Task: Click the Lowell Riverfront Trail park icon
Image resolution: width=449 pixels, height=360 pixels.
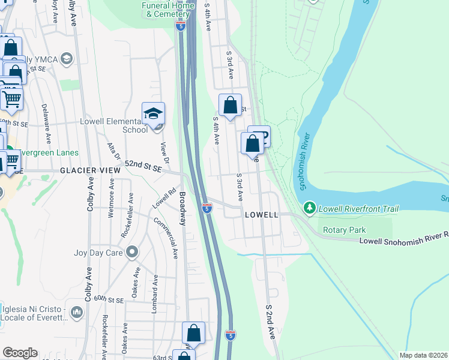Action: pyautogui.click(x=310, y=208)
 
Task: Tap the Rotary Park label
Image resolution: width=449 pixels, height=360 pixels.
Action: pyautogui.click(x=344, y=230)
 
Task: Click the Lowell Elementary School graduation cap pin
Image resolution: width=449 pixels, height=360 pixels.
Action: pyautogui.click(x=153, y=113)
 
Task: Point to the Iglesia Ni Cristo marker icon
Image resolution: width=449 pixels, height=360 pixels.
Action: pyautogui.click(x=77, y=312)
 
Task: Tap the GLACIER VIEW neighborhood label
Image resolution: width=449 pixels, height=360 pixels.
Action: pyautogui.click(x=90, y=170)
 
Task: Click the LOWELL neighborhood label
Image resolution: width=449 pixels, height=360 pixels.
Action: pyautogui.click(x=262, y=214)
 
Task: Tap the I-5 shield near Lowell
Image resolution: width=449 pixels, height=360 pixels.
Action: pyautogui.click(x=207, y=208)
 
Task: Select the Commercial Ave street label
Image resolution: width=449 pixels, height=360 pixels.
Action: pyautogui.click(x=166, y=238)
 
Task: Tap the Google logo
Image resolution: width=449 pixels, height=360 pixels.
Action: pyautogui.click(x=20, y=353)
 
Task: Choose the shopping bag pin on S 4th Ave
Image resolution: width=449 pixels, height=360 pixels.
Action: pyautogui.click(x=230, y=106)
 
